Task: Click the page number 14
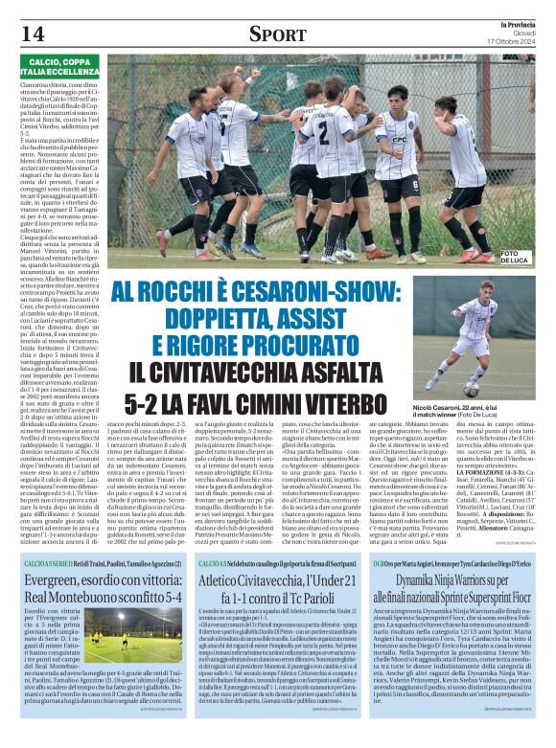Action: coord(32,34)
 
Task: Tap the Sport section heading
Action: coord(277,34)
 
